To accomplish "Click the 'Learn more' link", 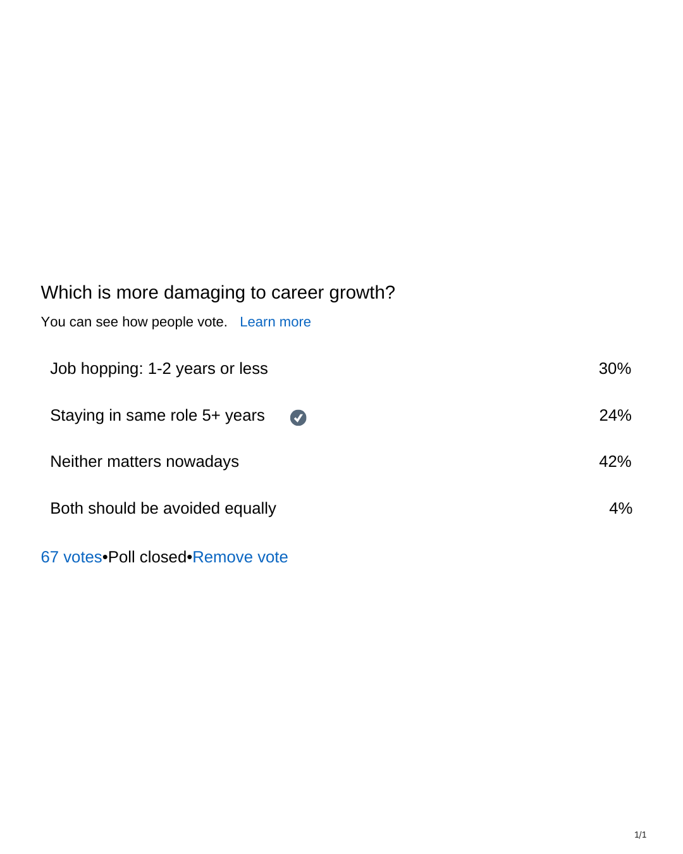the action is click(275, 321).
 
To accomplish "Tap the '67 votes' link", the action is click(71, 557).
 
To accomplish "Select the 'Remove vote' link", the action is click(240, 557).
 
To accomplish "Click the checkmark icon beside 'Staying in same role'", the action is click(298, 418).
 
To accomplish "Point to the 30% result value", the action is click(615, 368).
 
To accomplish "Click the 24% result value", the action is click(615, 415).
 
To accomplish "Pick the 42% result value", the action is click(615, 461).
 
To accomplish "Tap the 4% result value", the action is click(620, 508).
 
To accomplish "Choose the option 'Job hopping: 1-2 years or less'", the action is click(159, 369).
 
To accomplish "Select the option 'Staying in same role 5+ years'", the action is click(157, 416).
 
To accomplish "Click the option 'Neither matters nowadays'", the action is click(144, 462).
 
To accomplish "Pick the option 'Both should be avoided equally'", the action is click(163, 509).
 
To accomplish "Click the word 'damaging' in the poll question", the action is click(204, 293).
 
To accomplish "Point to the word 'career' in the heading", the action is click(297, 293).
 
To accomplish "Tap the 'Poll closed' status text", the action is click(147, 557).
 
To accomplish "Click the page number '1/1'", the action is click(640, 834).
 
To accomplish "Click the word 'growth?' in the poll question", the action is click(362, 293).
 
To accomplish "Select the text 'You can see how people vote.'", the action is click(134, 322).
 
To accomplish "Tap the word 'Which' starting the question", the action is click(66, 292).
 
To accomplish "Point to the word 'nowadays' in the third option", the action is click(202, 462).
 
